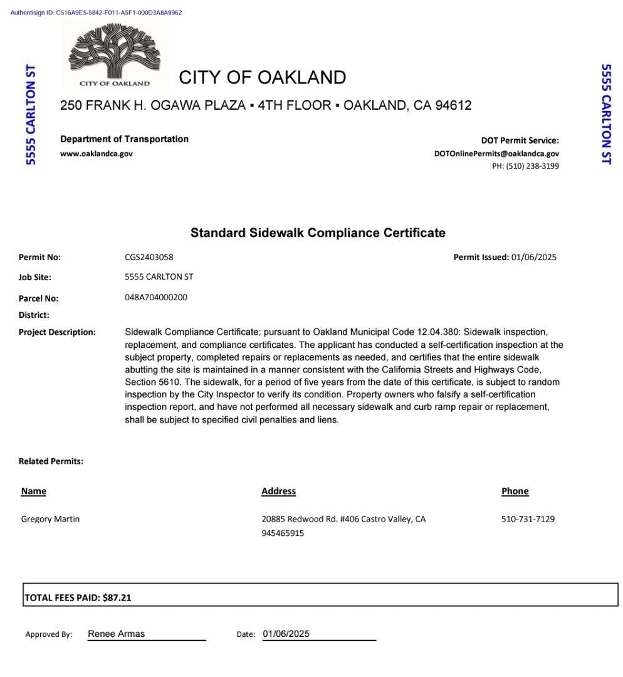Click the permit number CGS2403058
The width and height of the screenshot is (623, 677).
point(149,257)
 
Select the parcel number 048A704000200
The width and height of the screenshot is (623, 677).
point(156,297)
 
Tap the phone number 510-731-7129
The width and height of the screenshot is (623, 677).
point(528,519)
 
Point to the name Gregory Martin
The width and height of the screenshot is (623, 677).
point(50,519)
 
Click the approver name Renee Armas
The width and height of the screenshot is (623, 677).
point(117,634)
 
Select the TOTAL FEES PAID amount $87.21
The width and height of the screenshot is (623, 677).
point(117,597)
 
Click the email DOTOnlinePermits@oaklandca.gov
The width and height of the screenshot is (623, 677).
point(496,154)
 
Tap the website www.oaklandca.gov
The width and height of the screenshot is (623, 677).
point(97,154)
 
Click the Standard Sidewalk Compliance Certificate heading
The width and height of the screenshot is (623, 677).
point(318,233)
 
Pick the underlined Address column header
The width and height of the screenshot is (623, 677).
point(278,491)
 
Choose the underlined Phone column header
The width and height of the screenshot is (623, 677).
point(515,491)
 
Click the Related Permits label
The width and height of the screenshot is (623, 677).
point(51,461)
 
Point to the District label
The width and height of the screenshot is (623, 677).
point(34,315)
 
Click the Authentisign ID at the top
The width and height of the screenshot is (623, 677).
point(96,13)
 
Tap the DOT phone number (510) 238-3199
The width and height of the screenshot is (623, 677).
point(525,166)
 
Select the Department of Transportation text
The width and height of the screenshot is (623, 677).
point(124,139)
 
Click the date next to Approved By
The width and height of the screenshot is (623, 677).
point(286,634)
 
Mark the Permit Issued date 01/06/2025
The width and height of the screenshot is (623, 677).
point(533,257)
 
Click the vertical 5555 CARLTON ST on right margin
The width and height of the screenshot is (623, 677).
point(606,114)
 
